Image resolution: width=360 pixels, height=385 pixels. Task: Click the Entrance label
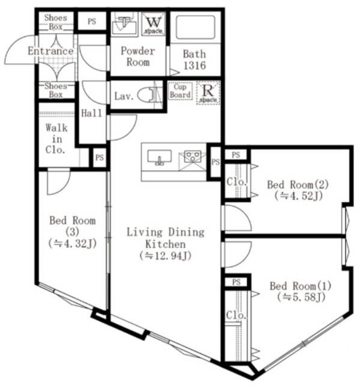tap(50, 52)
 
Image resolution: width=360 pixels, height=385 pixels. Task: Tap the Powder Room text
tap(138, 57)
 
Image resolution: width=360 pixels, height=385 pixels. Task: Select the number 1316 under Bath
tap(194, 65)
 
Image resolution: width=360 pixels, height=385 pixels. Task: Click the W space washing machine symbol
tap(153, 24)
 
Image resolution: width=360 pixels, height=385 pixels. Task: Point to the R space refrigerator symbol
tap(208, 93)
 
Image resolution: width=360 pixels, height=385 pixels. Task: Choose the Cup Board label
tap(180, 91)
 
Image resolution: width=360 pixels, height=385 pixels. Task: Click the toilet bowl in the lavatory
tap(147, 95)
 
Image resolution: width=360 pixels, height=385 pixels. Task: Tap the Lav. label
tap(123, 96)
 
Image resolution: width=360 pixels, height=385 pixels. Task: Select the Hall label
tap(91, 112)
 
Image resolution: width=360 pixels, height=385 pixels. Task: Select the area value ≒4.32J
tap(72, 243)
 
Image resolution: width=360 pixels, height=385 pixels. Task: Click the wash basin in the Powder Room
tap(125, 25)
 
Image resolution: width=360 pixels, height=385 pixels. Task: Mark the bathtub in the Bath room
tap(195, 27)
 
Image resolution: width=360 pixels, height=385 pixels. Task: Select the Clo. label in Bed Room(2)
tap(234, 181)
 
